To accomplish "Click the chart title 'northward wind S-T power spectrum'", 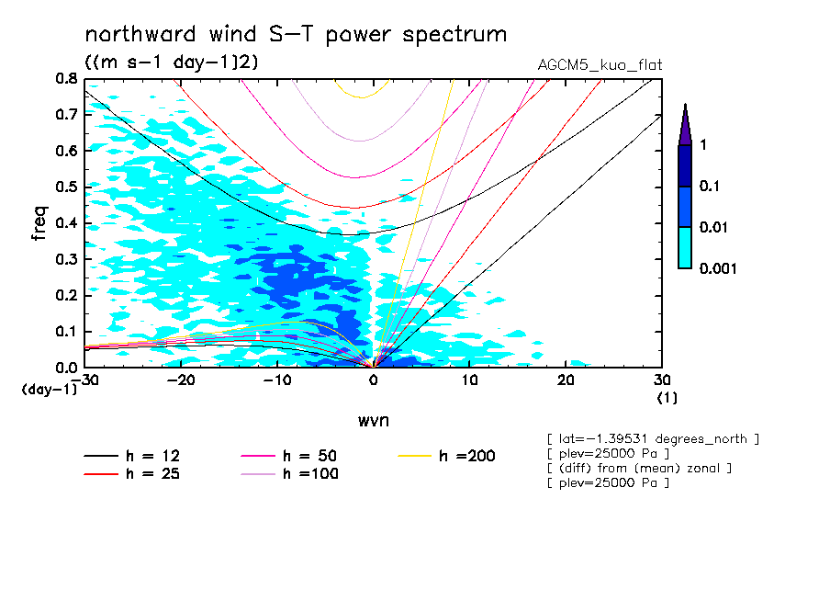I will [x=296, y=35].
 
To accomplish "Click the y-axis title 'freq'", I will [x=39, y=223].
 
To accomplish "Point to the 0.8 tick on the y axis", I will [x=65, y=79].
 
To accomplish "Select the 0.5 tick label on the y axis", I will [x=65, y=187].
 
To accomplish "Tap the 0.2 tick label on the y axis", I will [x=65, y=295].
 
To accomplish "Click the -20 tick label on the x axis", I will [x=180, y=380].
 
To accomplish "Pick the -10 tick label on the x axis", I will [x=276, y=380].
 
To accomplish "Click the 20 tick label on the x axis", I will [x=566, y=380].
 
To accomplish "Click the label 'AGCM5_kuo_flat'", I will [x=600, y=65].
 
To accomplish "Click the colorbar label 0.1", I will [x=711, y=186].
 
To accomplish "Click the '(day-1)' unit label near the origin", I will [x=49, y=390].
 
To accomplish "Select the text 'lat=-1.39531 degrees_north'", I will [x=653, y=439].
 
